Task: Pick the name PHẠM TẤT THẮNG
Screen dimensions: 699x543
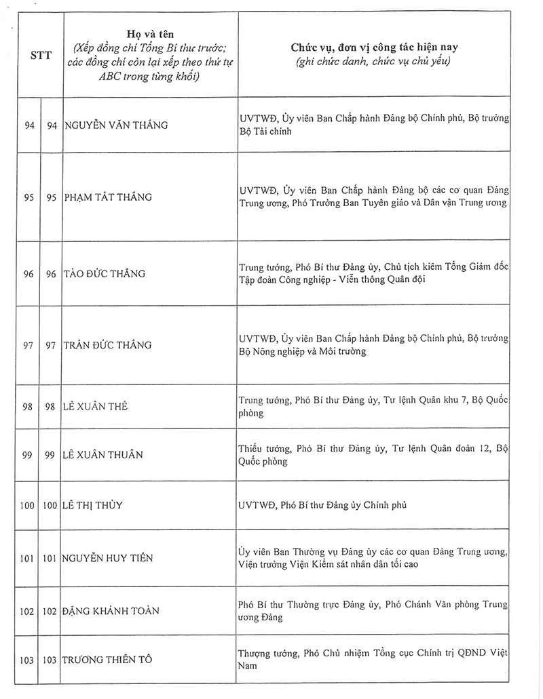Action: point(108,197)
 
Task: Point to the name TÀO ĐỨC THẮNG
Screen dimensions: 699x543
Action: point(105,274)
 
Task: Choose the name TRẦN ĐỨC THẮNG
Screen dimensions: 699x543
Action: point(108,345)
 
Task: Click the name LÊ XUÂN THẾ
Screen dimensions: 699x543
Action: point(96,407)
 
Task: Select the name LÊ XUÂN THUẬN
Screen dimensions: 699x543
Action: point(104,455)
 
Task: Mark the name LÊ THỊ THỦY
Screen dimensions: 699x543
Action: point(93,505)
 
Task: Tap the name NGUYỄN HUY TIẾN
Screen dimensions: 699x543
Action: point(108,559)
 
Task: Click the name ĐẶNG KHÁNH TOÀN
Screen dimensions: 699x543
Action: point(111,612)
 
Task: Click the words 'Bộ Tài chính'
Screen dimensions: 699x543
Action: point(265,132)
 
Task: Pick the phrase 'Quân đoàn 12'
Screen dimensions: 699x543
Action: point(454,449)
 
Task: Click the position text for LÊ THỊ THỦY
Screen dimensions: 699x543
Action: point(322,505)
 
